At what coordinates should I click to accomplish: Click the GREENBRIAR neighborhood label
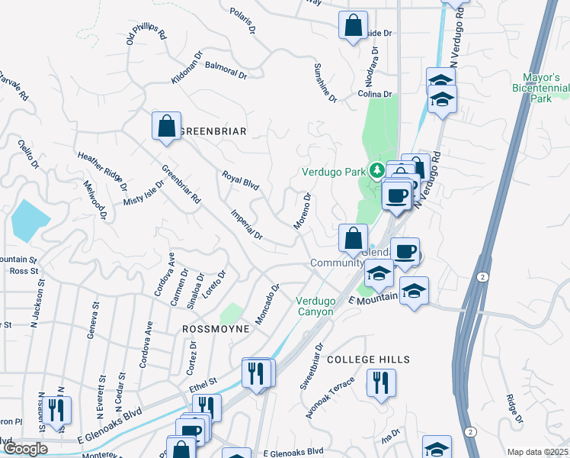(x=213, y=131)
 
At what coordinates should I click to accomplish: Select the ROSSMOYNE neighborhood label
(x=216, y=328)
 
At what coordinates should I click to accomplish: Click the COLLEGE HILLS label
(x=368, y=359)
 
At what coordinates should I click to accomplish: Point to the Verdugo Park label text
(x=334, y=172)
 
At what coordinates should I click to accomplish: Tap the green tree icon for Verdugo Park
(x=375, y=169)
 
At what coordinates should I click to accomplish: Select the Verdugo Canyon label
(x=315, y=306)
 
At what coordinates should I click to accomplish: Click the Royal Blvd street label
(x=241, y=180)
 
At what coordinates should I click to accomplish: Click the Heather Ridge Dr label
(x=102, y=170)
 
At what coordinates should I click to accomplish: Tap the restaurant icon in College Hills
(x=380, y=382)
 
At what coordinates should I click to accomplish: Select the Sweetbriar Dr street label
(x=312, y=366)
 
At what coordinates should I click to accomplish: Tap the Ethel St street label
(x=203, y=380)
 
